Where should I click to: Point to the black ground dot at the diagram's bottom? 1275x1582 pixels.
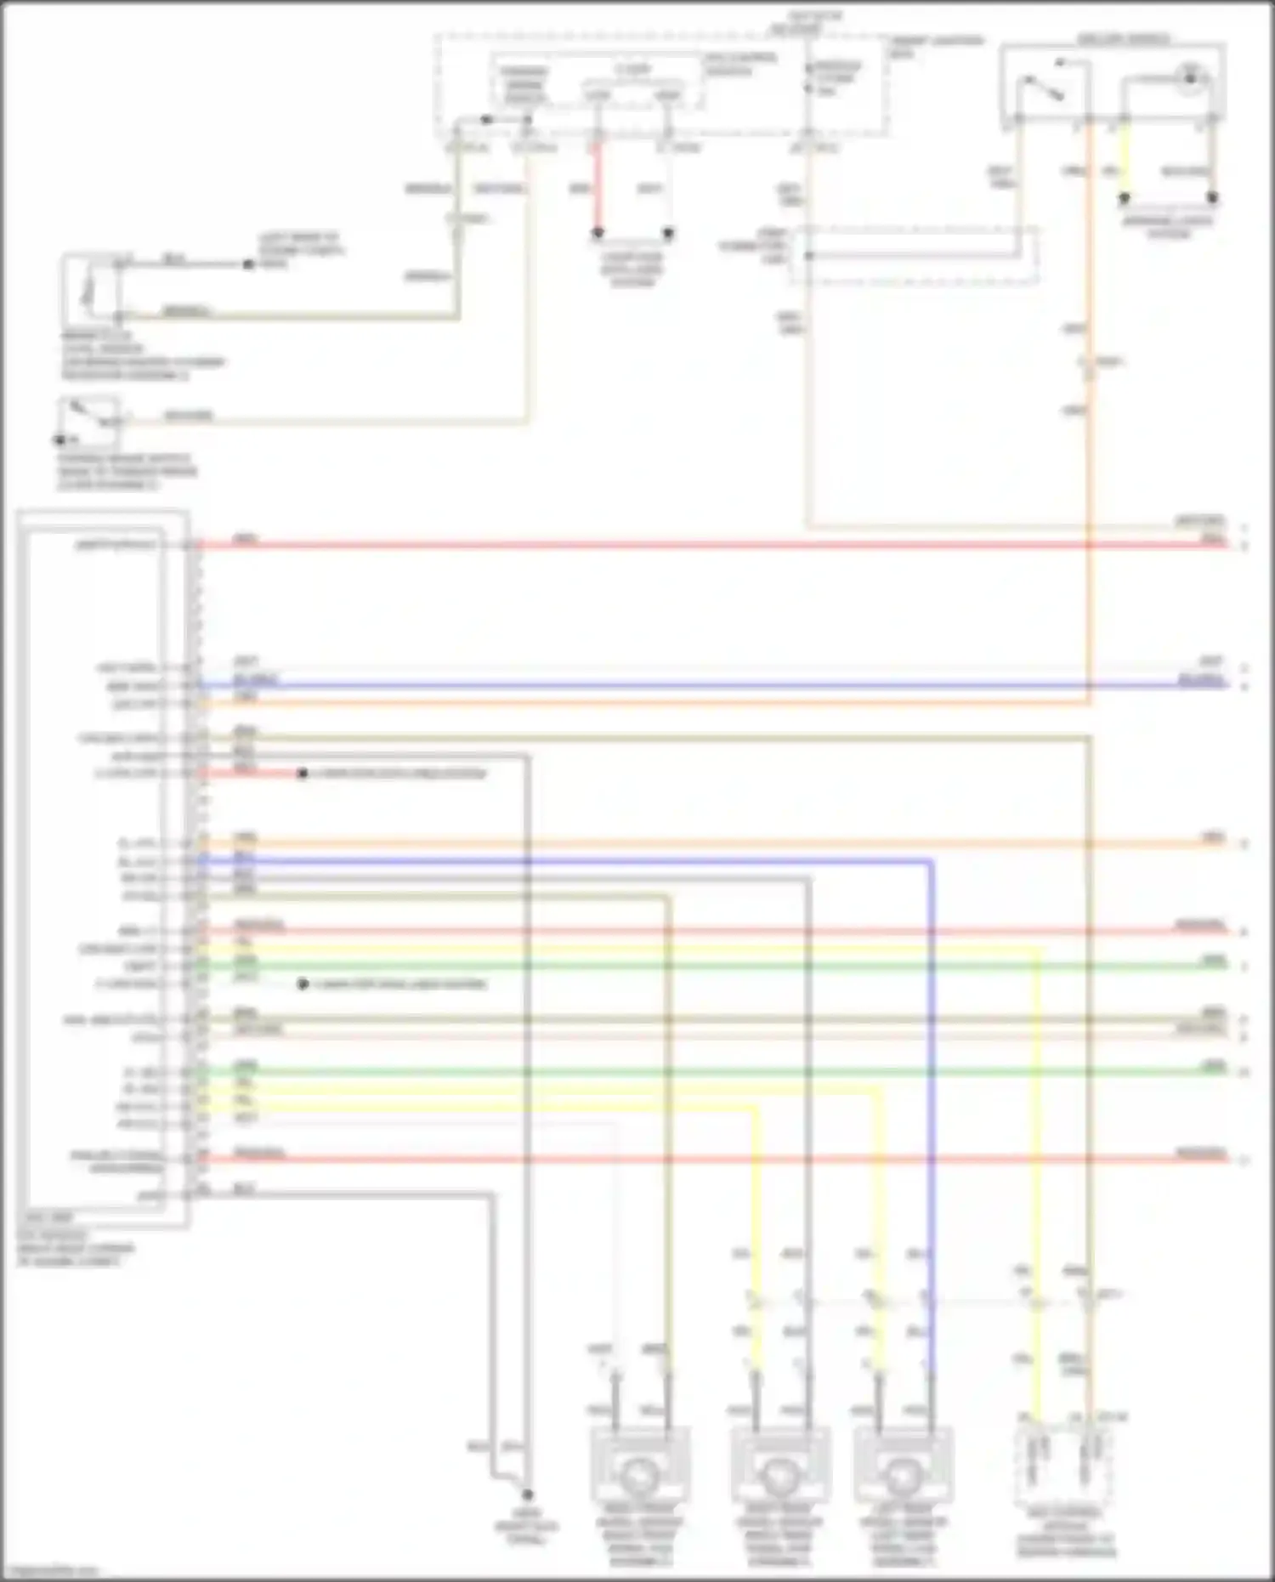[527, 1494]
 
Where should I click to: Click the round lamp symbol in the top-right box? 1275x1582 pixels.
[1191, 77]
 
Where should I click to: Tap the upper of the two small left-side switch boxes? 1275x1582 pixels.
[90, 289]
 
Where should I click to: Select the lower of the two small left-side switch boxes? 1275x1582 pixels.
[88, 420]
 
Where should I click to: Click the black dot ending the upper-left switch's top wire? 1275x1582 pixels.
[248, 264]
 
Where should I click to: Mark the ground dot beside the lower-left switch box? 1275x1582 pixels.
[60, 439]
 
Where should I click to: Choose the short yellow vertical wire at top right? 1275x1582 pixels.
[1124, 162]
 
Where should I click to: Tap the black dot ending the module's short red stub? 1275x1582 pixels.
[302, 774]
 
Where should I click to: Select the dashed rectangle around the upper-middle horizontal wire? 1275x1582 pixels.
[914, 255]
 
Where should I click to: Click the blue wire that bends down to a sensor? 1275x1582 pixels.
[932, 1105]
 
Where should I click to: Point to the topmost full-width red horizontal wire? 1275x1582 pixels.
[714, 544]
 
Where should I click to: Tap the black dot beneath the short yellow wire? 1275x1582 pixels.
[1124, 198]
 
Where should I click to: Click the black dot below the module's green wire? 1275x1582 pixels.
[302, 984]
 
